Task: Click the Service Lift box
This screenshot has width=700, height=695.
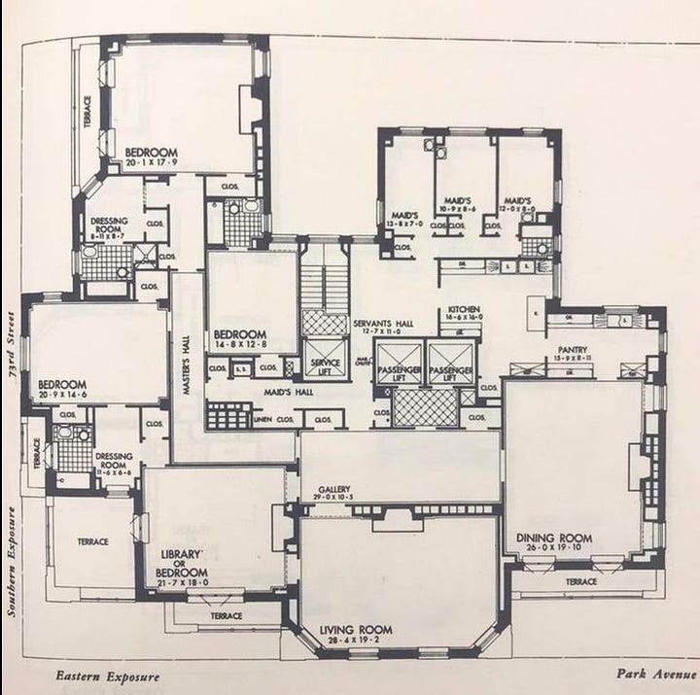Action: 324,367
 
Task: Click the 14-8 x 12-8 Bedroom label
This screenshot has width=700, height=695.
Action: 239,338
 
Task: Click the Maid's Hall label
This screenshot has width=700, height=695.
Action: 260,392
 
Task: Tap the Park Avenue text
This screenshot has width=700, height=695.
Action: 655,673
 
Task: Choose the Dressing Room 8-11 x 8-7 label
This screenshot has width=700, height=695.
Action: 109,228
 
